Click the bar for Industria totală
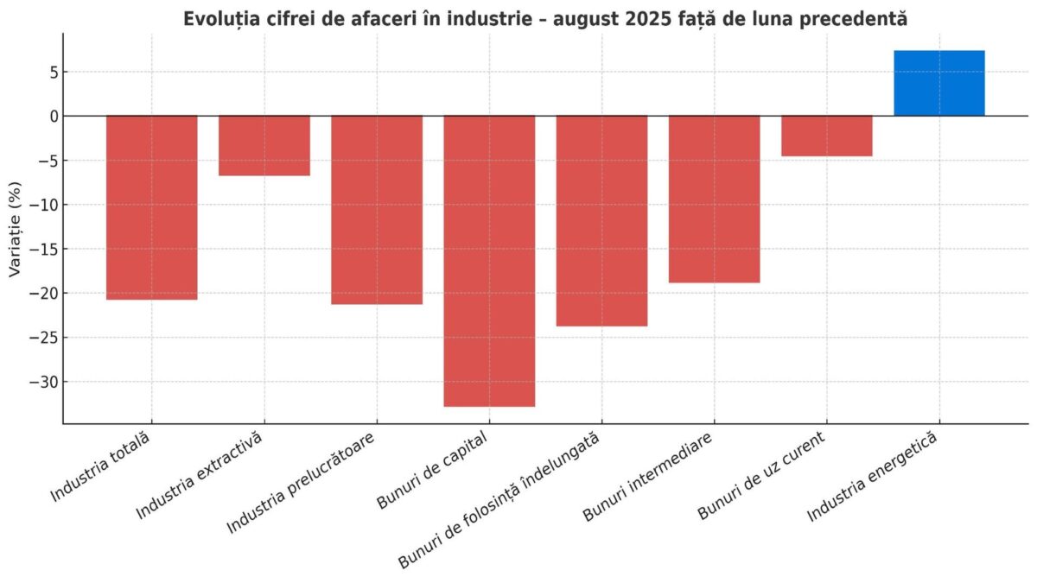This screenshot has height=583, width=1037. tap(152, 207)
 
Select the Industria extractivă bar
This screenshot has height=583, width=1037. tap(264, 145)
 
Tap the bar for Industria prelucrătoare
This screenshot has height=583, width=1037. tap(377, 210)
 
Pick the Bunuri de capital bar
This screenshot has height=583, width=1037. tap(489, 261)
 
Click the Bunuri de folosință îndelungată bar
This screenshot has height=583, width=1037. tap(601, 220)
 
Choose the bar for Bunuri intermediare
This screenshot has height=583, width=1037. tap(714, 199)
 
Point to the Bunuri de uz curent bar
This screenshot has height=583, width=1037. tap(826, 136)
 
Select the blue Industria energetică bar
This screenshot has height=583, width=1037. tap(938, 83)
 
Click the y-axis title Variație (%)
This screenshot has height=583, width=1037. tap(15, 228)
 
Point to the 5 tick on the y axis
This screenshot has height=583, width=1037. tap(53, 72)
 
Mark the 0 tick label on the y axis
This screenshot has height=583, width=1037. tap(53, 116)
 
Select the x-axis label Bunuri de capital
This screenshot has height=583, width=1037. tap(433, 472)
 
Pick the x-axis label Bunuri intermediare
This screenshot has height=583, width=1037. tap(648, 478)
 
